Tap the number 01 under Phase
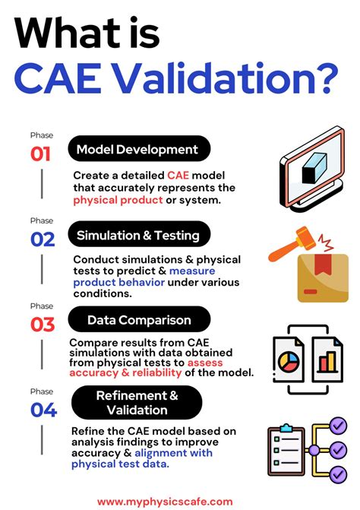(41, 154)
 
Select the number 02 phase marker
(43, 239)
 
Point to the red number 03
(43, 325)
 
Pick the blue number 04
(43, 410)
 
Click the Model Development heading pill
(137, 150)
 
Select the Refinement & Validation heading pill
(137, 402)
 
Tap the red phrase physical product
(118, 201)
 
